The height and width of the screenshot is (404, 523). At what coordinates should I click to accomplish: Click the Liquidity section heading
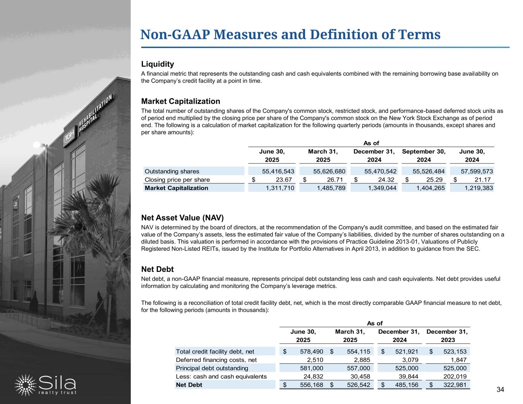pos(157,64)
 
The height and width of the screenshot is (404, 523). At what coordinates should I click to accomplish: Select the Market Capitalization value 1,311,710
pos(280,188)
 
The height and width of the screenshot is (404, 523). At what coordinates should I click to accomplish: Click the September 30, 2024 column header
pos(423,155)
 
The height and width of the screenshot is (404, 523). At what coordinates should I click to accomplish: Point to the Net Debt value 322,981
pos(453,384)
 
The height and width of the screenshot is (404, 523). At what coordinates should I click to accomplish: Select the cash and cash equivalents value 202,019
pos(453,376)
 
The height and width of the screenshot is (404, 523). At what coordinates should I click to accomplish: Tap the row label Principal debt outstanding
pos(212,368)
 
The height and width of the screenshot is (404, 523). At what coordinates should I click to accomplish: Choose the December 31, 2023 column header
pos(448,335)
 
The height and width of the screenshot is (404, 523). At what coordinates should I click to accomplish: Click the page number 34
pos(500,390)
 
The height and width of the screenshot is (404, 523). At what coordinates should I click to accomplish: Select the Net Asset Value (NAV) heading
pos(182,218)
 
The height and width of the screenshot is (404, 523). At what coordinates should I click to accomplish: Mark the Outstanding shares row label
pos(172,171)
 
